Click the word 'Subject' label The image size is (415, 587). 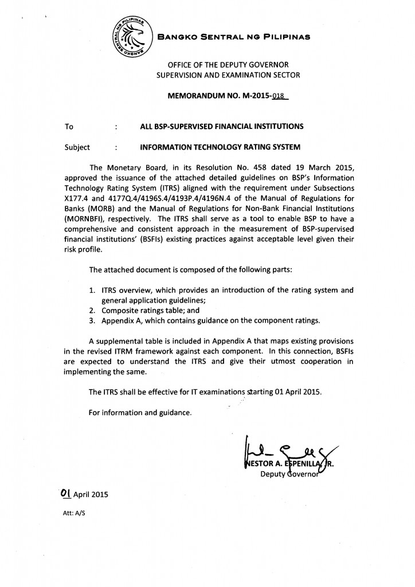(78, 147)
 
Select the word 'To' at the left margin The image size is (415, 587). (69, 126)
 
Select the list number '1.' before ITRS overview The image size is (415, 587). (92, 290)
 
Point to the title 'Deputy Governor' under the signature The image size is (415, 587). (292, 474)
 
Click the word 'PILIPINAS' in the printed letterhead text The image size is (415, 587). (284, 37)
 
